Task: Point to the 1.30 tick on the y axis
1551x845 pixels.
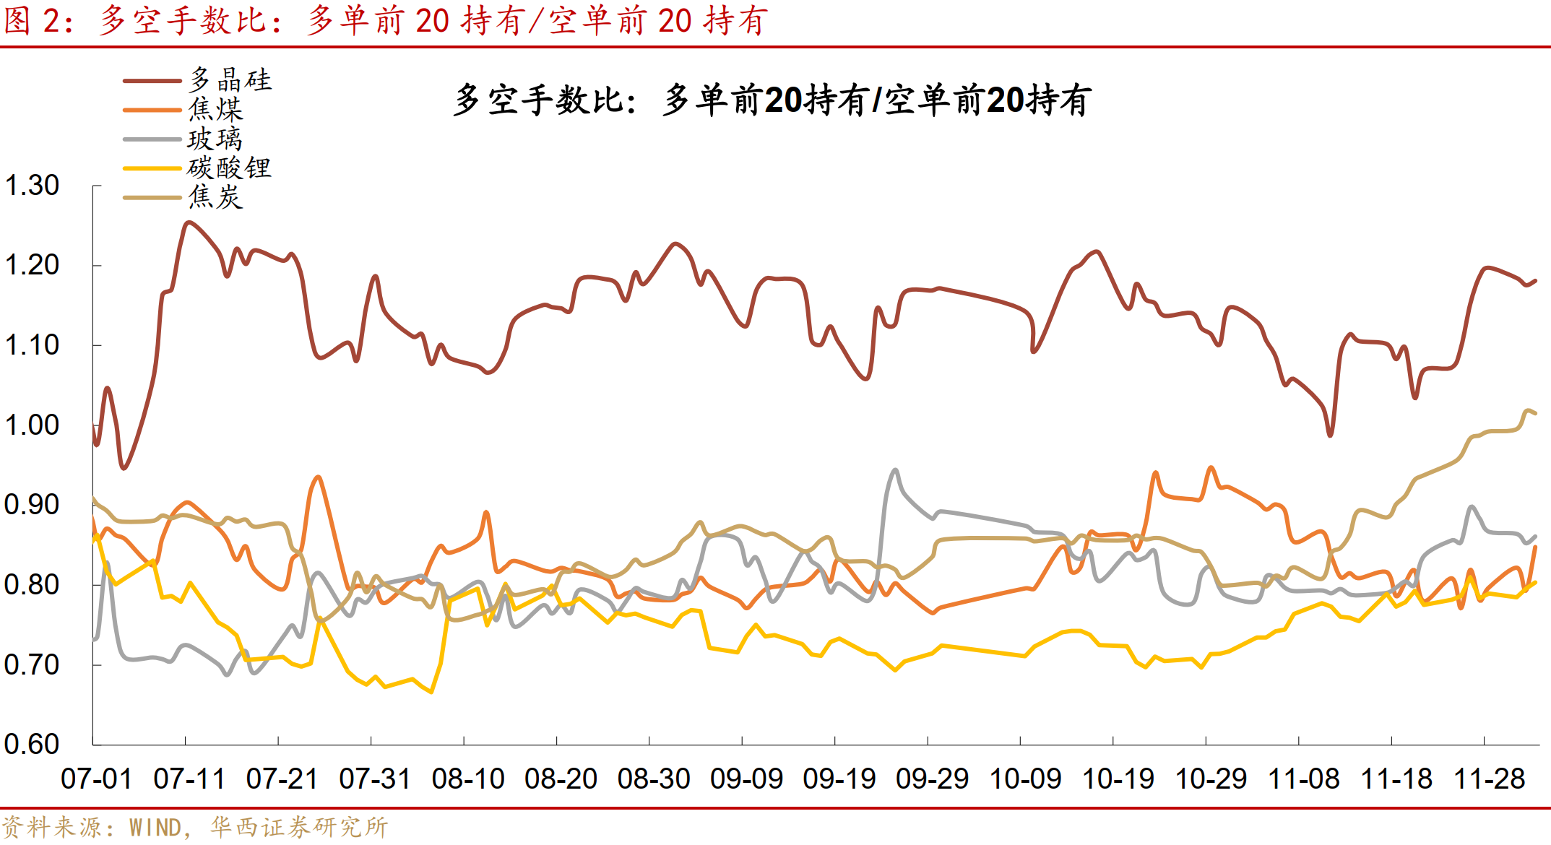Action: pos(32,186)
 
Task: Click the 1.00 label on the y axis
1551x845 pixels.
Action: pos(32,425)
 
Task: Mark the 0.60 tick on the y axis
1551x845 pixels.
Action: pos(32,744)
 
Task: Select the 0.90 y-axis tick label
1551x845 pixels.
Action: pos(32,505)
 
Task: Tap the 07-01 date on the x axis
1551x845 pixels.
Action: pos(96,779)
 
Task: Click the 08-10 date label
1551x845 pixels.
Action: pos(467,779)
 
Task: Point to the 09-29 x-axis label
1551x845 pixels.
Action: pos(932,779)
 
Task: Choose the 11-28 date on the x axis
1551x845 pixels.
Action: pos(1489,779)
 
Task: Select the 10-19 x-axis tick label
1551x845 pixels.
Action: pos(1118,779)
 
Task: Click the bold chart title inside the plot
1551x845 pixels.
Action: pos(772,100)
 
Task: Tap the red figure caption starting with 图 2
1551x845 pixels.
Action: pos(385,20)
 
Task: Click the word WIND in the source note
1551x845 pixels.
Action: pos(155,828)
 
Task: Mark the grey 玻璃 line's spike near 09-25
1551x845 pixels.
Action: pos(896,470)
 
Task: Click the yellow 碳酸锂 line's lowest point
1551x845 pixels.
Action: pos(431,692)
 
